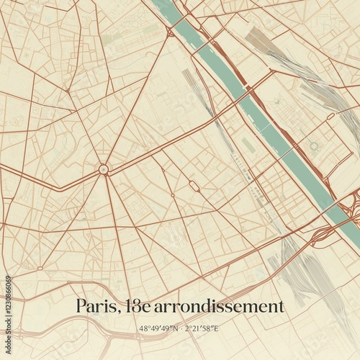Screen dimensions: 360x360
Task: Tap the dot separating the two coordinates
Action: coord(180,329)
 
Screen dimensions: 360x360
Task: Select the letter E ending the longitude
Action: coord(217,329)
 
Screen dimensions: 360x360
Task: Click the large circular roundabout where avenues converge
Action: coord(104,169)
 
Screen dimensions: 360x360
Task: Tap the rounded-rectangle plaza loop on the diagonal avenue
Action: coord(194,186)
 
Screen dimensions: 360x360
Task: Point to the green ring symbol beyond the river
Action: coord(315,146)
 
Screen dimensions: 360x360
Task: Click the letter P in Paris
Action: coord(81,306)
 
